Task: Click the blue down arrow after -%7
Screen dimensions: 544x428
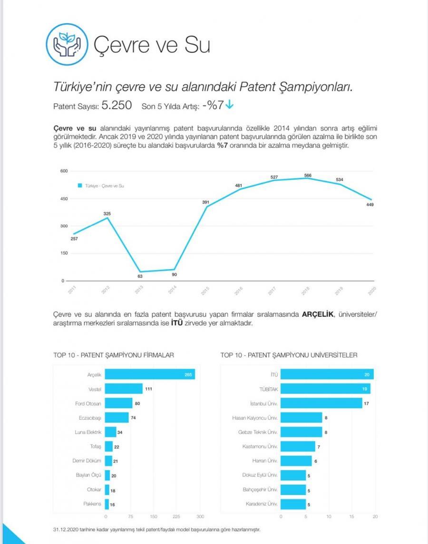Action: pyautogui.click(x=230, y=105)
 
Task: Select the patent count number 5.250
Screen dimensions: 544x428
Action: pyautogui.click(x=117, y=106)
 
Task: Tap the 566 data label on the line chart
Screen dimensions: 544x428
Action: pyautogui.click(x=308, y=175)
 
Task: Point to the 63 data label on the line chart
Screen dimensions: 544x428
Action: pyautogui.click(x=140, y=276)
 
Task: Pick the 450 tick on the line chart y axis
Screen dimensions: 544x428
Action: pyautogui.click(x=63, y=198)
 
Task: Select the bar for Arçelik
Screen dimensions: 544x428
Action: pyautogui.click(x=149, y=375)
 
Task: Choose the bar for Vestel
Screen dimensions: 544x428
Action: pyautogui.click(x=123, y=389)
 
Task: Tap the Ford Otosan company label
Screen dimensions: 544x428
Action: pyautogui.click(x=88, y=404)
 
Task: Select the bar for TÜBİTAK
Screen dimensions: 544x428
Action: pyautogui.click(x=325, y=389)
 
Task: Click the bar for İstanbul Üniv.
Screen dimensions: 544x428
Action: pyautogui.click(x=321, y=404)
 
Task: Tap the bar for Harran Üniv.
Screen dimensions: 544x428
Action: pyautogui.click(x=296, y=461)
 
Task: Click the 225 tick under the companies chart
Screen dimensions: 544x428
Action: pyautogui.click(x=176, y=516)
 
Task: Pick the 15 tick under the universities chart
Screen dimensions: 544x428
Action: pyautogui.click(x=351, y=516)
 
